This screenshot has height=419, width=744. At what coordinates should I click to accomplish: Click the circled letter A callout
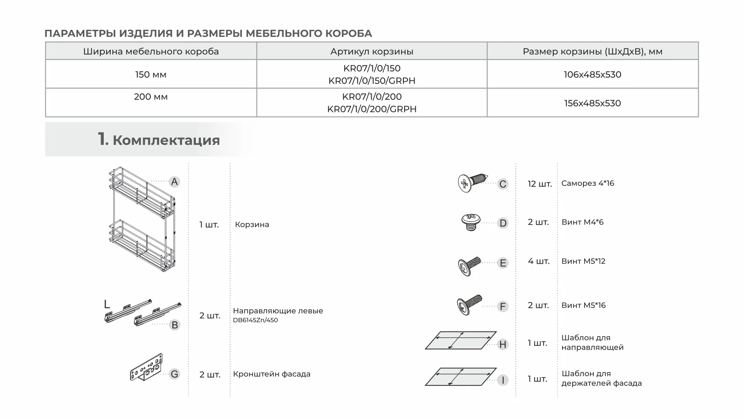(x=175, y=182)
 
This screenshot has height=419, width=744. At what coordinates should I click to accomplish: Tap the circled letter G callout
(x=175, y=374)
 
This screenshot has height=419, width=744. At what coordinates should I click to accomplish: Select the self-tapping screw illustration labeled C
(x=472, y=183)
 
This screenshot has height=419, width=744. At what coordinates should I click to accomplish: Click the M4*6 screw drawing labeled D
(x=471, y=222)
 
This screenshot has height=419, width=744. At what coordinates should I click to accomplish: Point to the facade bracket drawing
(x=146, y=367)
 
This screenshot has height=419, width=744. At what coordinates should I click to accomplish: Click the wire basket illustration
(x=142, y=220)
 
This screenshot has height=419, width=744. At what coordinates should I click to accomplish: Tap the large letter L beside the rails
(x=107, y=304)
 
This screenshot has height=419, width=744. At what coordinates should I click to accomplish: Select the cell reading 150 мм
(x=151, y=74)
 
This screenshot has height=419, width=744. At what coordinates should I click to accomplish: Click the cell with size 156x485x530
(x=592, y=103)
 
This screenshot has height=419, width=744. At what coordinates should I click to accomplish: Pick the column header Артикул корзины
(x=372, y=52)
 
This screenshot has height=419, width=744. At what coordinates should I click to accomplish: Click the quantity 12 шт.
(x=540, y=184)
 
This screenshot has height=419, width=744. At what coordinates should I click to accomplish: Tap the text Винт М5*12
(x=583, y=261)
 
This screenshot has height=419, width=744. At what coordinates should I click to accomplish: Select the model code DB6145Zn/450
(x=255, y=320)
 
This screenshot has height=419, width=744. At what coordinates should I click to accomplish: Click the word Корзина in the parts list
(x=252, y=225)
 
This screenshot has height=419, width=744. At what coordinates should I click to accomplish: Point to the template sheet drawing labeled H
(x=461, y=340)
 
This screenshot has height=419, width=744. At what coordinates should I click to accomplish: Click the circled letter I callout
(x=502, y=380)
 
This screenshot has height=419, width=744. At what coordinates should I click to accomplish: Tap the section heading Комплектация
(x=166, y=140)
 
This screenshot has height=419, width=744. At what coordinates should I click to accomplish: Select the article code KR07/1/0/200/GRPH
(x=372, y=109)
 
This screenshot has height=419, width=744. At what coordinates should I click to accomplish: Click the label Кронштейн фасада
(x=272, y=374)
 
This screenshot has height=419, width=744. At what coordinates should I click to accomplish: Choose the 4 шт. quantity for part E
(x=538, y=261)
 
